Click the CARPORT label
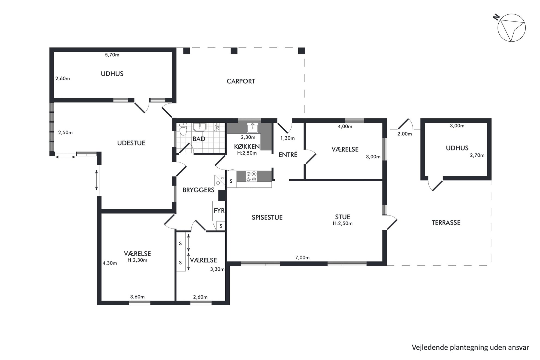241,81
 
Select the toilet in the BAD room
183,129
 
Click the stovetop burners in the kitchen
251,176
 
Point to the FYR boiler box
219,211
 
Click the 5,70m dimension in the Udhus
112,55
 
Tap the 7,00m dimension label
302,257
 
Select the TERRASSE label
446,223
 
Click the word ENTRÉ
288,155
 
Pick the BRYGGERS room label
198,190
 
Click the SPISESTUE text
267,217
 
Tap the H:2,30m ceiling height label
137,260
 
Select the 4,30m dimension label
110,263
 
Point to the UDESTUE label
131,143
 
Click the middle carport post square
234,51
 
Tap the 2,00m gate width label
404,134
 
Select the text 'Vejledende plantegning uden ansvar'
470,347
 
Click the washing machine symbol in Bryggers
220,180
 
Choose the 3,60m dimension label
137,297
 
